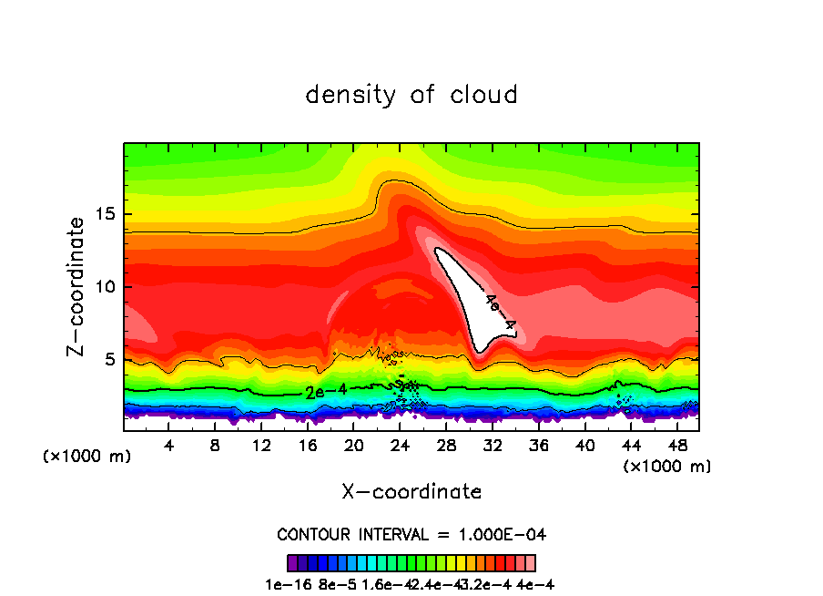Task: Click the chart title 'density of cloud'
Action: (x=411, y=95)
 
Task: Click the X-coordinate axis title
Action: (x=411, y=492)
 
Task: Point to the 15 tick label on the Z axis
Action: (x=107, y=215)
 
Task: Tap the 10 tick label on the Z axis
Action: (x=107, y=287)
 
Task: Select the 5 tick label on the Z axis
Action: (x=111, y=359)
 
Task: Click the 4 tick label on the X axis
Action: (x=169, y=446)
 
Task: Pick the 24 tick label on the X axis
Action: (x=400, y=446)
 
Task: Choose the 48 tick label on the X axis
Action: (x=677, y=446)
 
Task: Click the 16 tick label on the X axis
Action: (x=308, y=446)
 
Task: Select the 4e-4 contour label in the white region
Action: (x=500, y=311)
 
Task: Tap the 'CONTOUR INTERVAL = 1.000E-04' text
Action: (x=411, y=534)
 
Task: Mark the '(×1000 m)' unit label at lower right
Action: (x=667, y=467)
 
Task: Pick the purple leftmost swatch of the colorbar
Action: (x=292, y=562)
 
